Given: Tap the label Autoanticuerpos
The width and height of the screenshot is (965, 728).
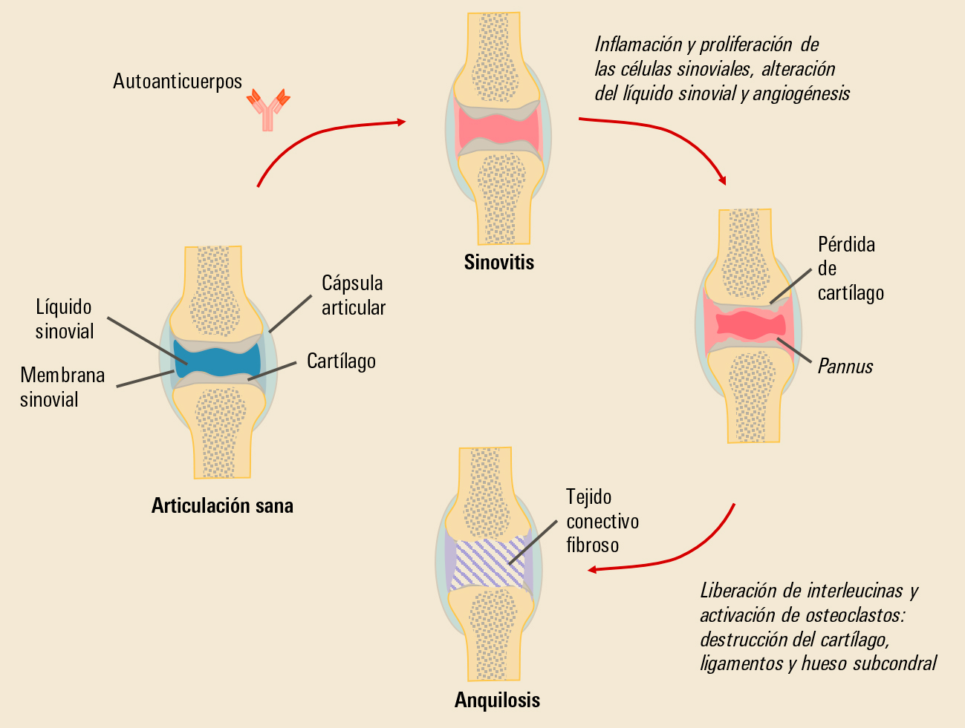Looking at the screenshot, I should click(x=178, y=81).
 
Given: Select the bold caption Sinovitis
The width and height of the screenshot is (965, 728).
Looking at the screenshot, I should click(x=498, y=263).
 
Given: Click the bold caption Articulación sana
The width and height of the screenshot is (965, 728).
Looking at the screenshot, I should click(x=222, y=506).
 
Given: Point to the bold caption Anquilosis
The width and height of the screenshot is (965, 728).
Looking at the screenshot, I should click(x=497, y=701).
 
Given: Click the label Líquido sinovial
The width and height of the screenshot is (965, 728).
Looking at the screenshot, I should click(x=65, y=319).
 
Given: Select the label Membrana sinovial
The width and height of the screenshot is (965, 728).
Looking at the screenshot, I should click(x=62, y=387).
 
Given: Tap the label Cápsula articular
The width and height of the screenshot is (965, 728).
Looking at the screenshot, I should click(x=353, y=295).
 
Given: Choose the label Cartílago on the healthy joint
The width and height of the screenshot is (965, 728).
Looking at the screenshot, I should click(x=341, y=361).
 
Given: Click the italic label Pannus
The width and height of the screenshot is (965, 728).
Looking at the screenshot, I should click(x=845, y=367).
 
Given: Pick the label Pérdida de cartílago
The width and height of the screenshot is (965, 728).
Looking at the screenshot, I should click(x=850, y=269).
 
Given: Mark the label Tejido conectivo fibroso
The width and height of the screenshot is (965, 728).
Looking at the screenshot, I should click(x=602, y=521).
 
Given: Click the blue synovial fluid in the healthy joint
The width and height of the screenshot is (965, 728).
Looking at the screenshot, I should click(x=217, y=361).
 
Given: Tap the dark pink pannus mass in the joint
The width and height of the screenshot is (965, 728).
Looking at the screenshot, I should click(x=750, y=324).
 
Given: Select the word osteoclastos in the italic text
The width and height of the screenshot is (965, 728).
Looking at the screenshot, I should click(x=854, y=615).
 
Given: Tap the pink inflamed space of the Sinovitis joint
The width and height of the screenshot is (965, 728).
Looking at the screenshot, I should click(x=498, y=131).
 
